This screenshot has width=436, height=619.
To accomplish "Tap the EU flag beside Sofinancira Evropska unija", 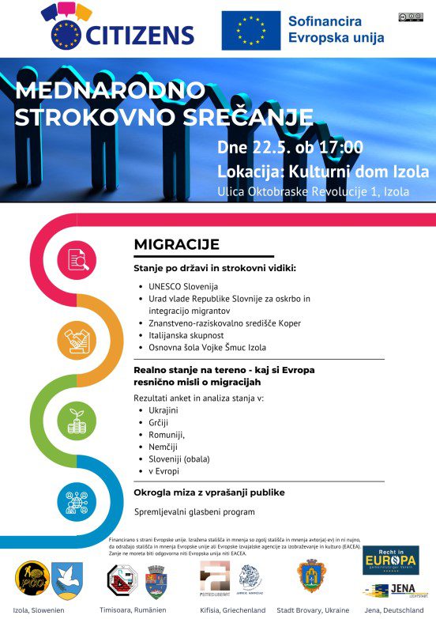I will coord(250,31).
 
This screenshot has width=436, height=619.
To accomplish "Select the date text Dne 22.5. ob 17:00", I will coord(290,148).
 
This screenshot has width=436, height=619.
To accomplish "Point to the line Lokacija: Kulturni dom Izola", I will coord(323,172).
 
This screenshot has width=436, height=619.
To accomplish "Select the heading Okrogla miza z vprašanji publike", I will coord(209,493).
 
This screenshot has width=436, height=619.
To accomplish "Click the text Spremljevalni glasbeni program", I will coord(194,512).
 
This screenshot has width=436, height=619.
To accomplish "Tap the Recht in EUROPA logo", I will coord(390,560).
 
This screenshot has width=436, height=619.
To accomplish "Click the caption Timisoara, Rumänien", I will coord(133,610).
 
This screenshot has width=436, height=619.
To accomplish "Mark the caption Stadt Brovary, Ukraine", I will coord(312,610).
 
